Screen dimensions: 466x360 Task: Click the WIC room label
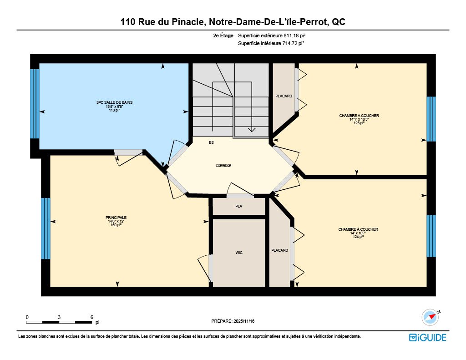[x=239, y=253]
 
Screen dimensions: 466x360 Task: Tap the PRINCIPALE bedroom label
[x=116, y=218]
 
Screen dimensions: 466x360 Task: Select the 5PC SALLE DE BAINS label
[x=114, y=102]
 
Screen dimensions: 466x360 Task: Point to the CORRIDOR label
[x=223, y=166]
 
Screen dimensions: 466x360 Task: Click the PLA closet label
[x=238, y=206]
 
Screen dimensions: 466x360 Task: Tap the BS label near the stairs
[x=211, y=143]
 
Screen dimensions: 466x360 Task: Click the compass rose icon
[x=430, y=317]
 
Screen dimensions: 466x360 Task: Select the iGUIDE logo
[x=428, y=338]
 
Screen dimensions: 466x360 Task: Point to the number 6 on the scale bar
[x=92, y=317]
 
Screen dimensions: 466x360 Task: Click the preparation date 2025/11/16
[x=244, y=321]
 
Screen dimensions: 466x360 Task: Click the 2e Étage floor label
[x=223, y=35]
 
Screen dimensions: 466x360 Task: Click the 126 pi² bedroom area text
[x=359, y=123]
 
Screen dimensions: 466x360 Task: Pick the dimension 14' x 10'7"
[x=358, y=233]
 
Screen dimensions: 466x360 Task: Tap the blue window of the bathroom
[x=35, y=104]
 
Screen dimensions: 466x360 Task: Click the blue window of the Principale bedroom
[x=46, y=228]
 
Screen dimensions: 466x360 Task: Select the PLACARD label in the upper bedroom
[x=284, y=96]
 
